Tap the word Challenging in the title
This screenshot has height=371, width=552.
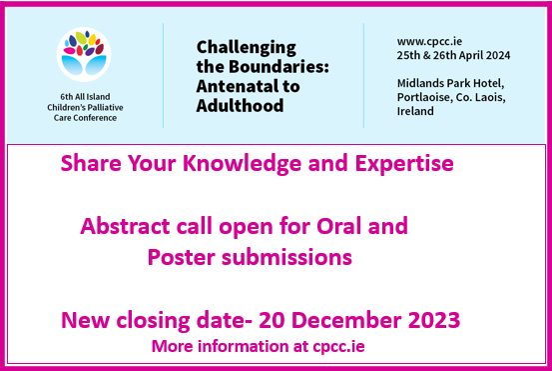(x=247, y=46)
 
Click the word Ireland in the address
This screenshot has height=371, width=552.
(x=415, y=111)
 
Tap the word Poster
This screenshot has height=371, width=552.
(x=179, y=257)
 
